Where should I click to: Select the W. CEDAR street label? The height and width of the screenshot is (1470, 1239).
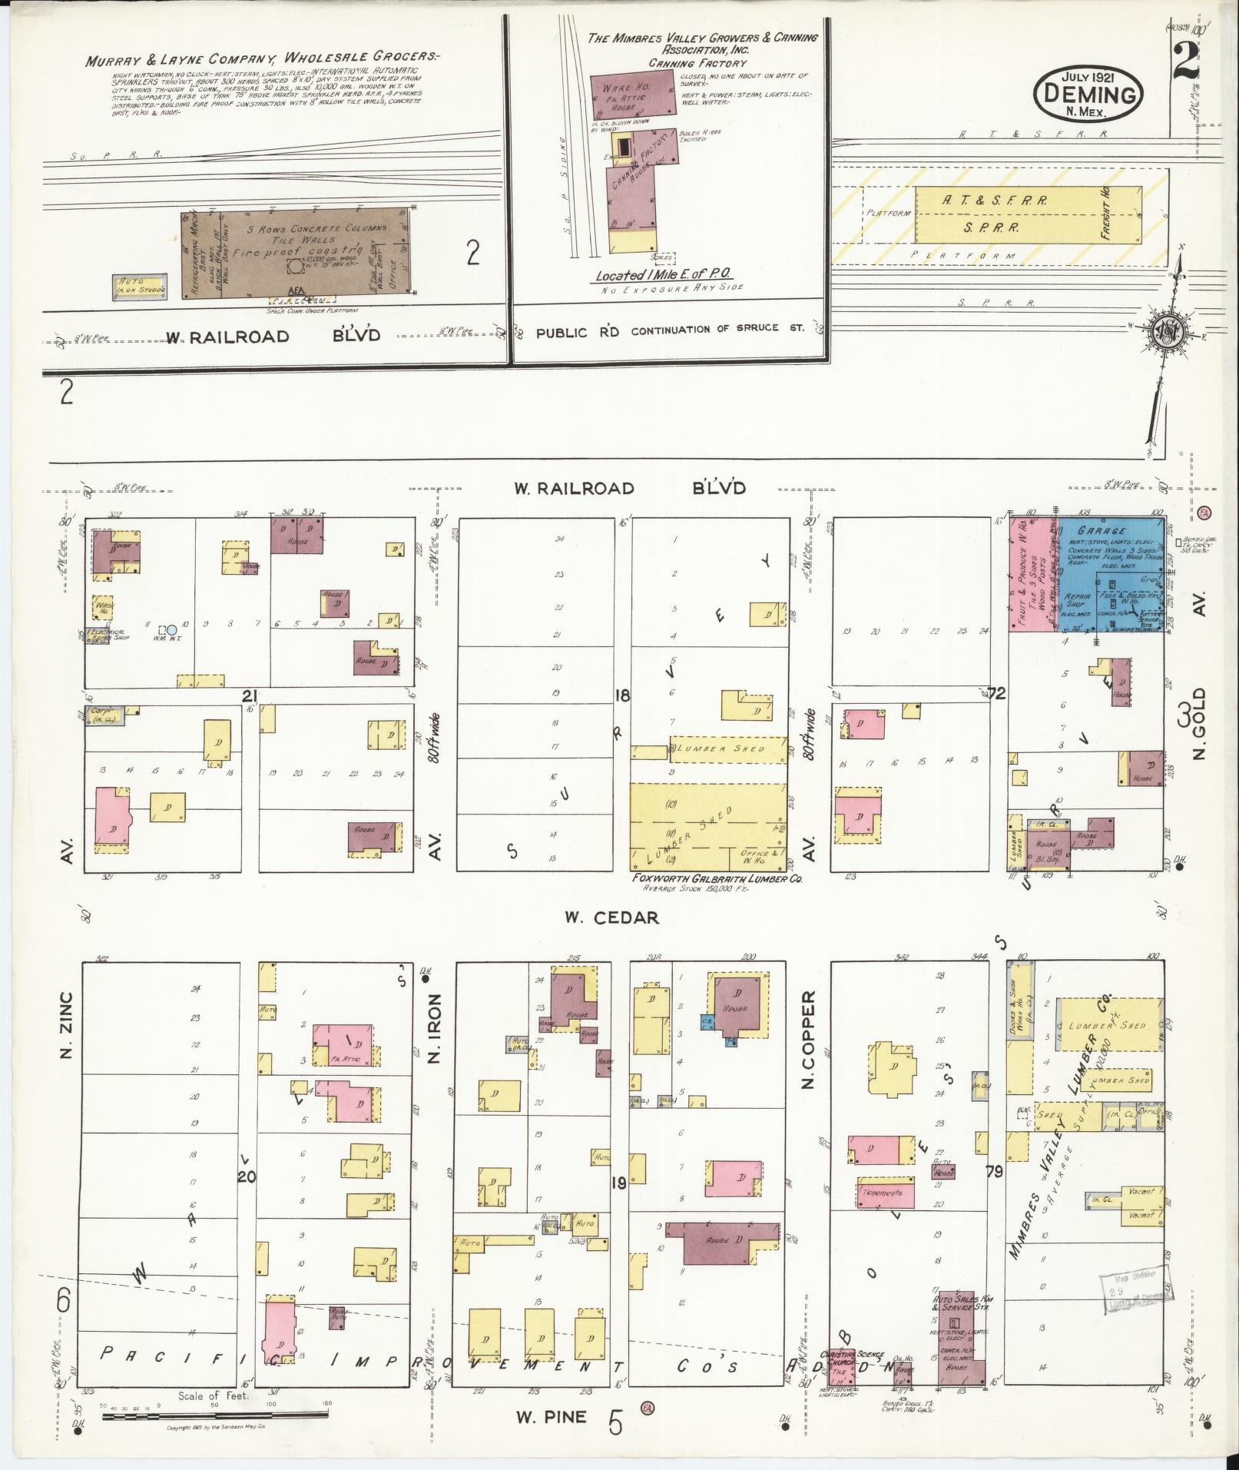tap(611, 918)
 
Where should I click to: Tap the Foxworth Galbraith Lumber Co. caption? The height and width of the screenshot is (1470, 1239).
tap(716, 878)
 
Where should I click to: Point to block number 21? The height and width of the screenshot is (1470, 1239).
tap(248, 696)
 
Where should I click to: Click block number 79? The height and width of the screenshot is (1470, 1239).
tap(994, 1193)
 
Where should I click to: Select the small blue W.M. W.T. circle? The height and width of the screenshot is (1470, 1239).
tap(172, 629)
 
